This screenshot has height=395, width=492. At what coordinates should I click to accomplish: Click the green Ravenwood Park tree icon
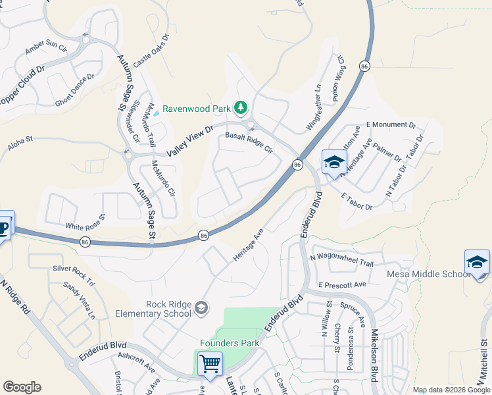241,107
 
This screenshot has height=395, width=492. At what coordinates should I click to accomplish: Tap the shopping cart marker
210,363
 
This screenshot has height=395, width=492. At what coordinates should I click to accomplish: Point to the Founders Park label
230,343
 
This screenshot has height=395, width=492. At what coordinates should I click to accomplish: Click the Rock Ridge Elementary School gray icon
202,307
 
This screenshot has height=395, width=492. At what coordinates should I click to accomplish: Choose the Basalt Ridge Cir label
249,141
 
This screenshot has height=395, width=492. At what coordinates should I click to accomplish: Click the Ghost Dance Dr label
75,90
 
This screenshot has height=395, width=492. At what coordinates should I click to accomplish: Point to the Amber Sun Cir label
46,48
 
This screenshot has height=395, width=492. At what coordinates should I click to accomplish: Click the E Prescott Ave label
341,285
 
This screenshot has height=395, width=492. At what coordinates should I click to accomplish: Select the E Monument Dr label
391,124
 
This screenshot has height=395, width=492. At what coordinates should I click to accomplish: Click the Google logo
22,387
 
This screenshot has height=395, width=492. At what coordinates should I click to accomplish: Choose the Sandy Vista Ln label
79,301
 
